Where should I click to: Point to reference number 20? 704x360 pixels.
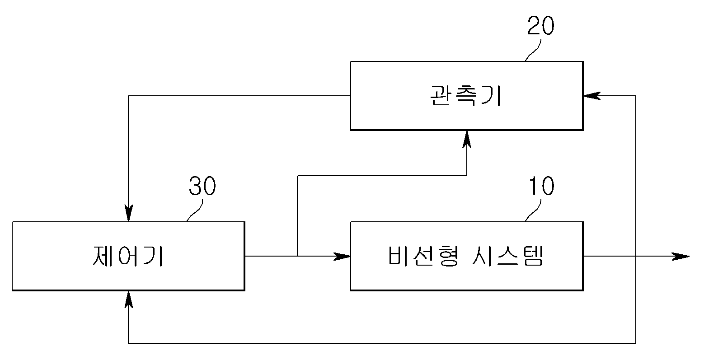click(x=540, y=25)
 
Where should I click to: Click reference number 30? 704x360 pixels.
click(x=202, y=186)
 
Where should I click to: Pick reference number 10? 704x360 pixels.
click(x=541, y=186)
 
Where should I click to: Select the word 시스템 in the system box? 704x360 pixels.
click(x=507, y=256)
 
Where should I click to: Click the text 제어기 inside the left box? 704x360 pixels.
click(x=128, y=256)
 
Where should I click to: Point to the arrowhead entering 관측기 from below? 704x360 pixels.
click(x=467, y=139)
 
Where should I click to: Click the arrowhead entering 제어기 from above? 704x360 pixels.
click(x=128, y=213)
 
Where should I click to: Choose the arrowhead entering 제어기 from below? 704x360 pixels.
click(x=128, y=299)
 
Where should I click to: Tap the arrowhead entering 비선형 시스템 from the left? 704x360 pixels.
click(x=342, y=256)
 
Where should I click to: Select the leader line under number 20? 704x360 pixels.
click(x=533, y=50)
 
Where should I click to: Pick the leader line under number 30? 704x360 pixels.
click(x=195, y=210)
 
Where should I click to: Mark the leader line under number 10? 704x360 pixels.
click(x=533, y=210)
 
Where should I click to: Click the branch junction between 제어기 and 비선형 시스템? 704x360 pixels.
click(x=297, y=256)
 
